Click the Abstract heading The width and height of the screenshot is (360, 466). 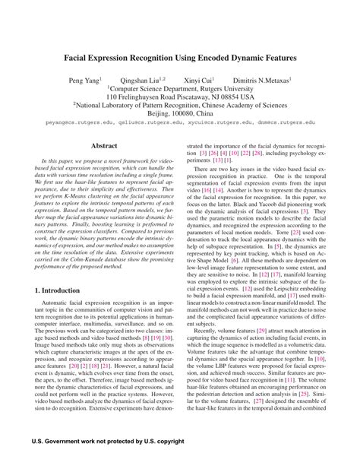coord(104,145)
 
